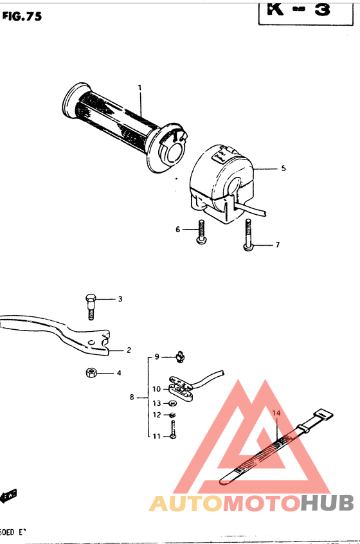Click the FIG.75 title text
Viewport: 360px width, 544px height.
pyautogui.click(x=22, y=17)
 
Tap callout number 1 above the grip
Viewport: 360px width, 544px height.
pyautogui.click(x=139, y=87)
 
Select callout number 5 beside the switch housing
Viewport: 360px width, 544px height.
pyautogui.click(x=283, y=168)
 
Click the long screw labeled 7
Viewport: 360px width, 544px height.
pyautogui.click(x=248, y=238)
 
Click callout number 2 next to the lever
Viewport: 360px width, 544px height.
pyautogui.click(x=129, y=350)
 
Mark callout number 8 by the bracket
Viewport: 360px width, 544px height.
pyautogui.click(x=132, y=397)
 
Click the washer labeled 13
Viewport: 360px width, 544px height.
pyautogui.click(x=173, y=403)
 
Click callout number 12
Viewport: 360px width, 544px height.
pyautogui.click(x=156, y=415)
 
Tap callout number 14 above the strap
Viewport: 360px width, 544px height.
pyautogui.click(x=276, y=413)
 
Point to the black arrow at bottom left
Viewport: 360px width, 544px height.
pyautogui.click(x=9, y=495)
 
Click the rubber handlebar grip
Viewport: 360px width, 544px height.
pyautogui.click(x=116, y=122)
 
